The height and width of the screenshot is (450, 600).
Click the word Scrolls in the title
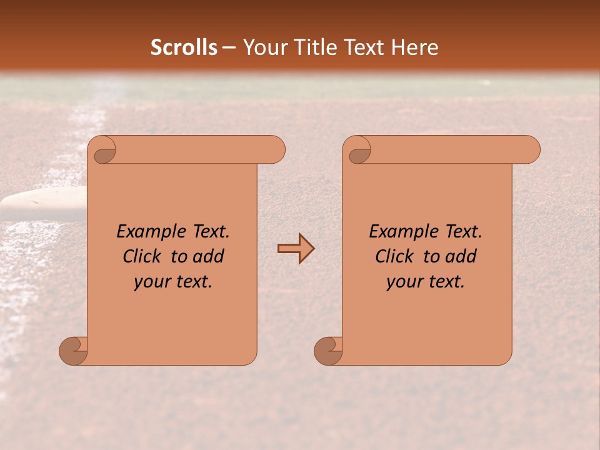click(x=184, y=47)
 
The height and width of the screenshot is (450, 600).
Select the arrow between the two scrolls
click(x=296, y=249)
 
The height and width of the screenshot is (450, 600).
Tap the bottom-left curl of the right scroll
click(x=329, y=351)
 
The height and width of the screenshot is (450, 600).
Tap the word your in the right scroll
click(x=404, y=282)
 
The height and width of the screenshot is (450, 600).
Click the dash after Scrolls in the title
click(x=229, y=48)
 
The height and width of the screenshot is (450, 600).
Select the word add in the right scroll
click(x=459, y=256)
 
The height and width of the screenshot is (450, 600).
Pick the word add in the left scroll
click(x=207, y=256)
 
